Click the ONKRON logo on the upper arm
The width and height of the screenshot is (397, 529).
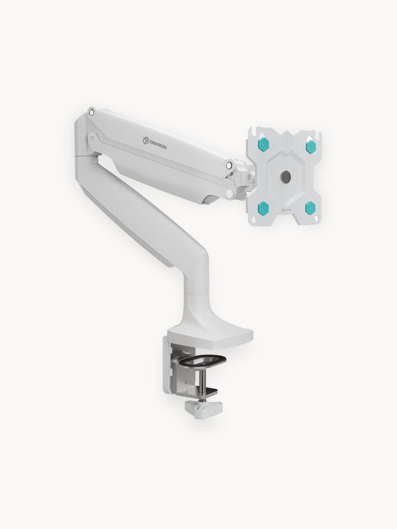point(155,143)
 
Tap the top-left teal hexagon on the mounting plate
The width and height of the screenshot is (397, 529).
point(264,144)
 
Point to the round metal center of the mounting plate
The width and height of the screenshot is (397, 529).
point(286,177)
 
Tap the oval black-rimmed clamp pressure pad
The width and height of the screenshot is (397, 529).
point(202,361)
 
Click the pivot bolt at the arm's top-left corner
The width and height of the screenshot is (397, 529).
point(91,112)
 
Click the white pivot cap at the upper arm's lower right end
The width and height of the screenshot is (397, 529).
point(229,194)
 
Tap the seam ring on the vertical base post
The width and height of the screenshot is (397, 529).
point(195,293)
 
